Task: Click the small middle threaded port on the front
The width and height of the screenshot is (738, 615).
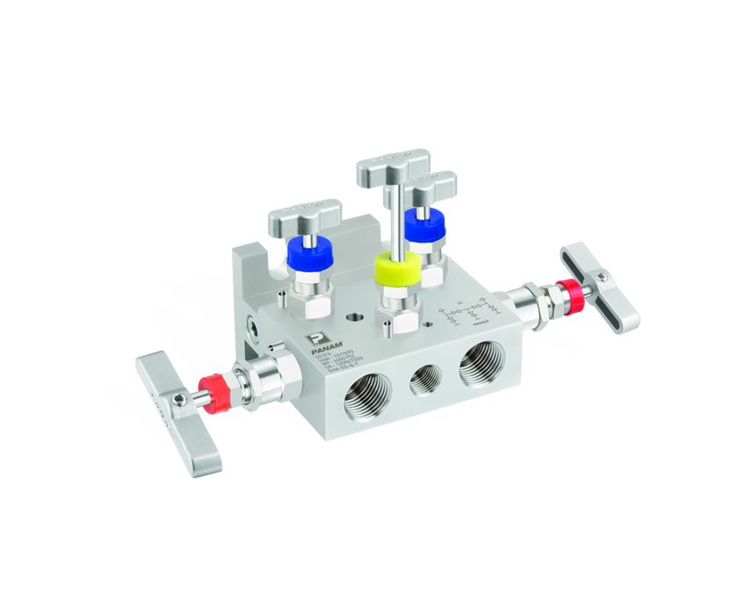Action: [425, 380]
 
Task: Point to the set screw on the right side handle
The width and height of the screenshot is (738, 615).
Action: [602, 279]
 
